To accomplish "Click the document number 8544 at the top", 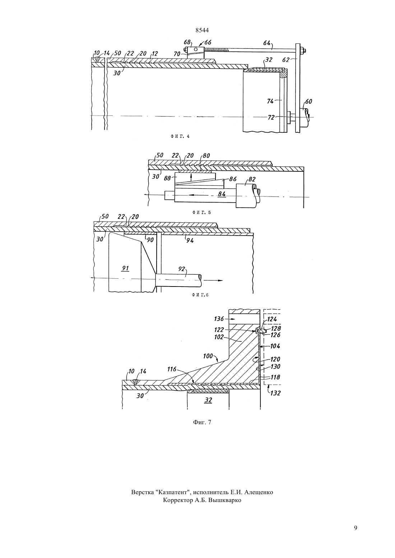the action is pos(202,30).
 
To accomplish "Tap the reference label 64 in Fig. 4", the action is pos(266,43).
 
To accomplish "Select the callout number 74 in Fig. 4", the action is pos(270,101).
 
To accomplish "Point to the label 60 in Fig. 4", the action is pos(308,101).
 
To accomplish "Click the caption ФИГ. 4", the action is pos(180,136).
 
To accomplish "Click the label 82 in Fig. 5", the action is pos(252,180).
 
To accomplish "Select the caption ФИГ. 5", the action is pos(201,213).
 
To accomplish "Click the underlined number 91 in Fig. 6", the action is pos(125,268).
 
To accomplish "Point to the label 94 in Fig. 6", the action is pos(190,240).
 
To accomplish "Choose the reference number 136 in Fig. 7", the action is pos(219,318).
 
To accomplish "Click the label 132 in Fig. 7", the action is pos(275,393).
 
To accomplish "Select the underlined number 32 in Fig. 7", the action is pos(208,400).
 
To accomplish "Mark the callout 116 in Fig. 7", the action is pos(172,369).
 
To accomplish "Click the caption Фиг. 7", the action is pos(202,422).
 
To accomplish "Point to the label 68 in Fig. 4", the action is pos(187,42).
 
